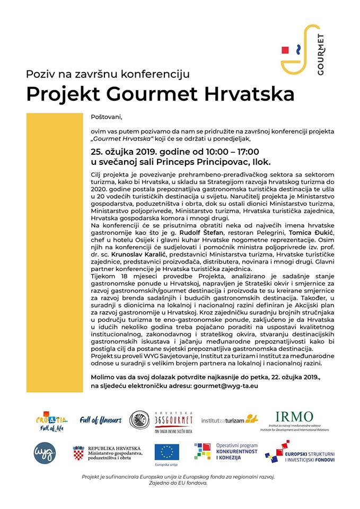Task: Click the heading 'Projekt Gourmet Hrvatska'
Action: click(160, 93)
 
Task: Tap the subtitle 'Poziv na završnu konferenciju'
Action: click(108, 74)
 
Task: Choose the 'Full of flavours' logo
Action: click(101, 420)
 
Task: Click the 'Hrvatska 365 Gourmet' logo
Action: click(162, 420)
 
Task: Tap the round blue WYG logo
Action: click(46, 452)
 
